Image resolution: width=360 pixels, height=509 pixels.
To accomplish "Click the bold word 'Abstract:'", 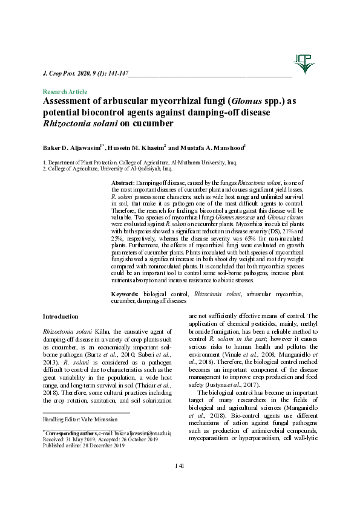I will [123, 182].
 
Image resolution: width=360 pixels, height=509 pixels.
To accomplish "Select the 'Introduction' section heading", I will [60, 316].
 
